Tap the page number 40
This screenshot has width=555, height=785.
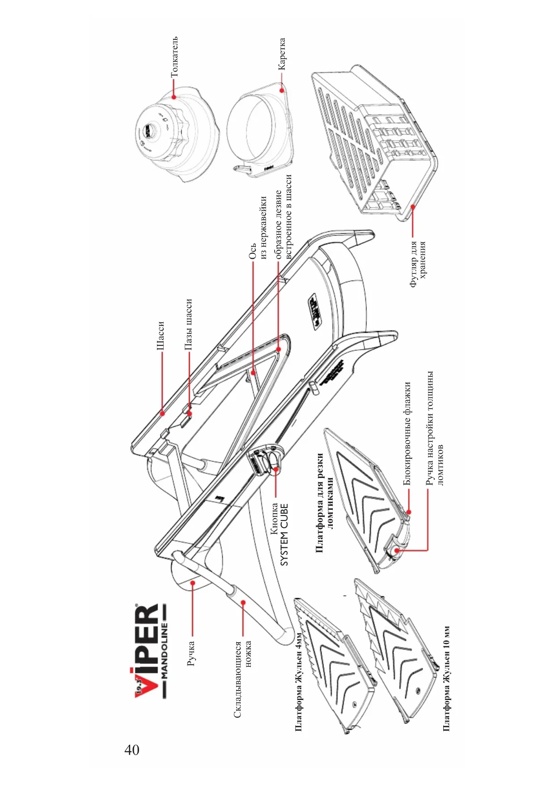coord(132,750)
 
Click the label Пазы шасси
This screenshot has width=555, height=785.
coord(189,324)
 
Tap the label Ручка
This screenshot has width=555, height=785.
coord(191,653)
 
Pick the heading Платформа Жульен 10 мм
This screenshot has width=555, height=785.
coord(446,678)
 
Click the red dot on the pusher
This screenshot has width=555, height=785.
coord(174,96)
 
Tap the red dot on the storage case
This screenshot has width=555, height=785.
coord(413,206)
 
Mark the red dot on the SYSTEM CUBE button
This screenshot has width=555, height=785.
coord(276,469)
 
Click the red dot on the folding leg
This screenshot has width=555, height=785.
coord(243,602)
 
